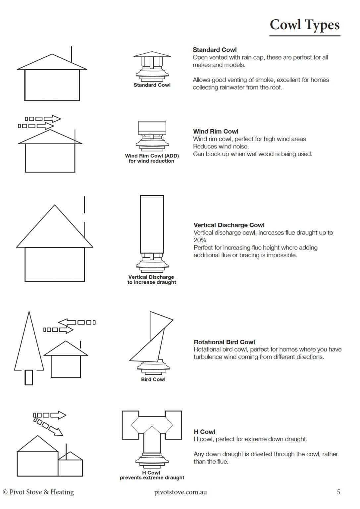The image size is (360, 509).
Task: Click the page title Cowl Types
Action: pos(304,25)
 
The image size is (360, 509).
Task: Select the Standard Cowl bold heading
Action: pos(215,50)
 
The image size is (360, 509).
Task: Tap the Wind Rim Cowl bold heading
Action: pos(216,131)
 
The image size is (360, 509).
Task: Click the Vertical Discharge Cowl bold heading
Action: pos(229,225)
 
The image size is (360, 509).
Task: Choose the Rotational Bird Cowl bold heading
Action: pos(224,342)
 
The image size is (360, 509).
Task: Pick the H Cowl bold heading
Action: pos(204,431)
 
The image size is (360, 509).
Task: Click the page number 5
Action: pos(338,492)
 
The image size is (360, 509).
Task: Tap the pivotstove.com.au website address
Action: pos(180,492)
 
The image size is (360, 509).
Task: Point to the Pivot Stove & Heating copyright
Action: pos(38,492)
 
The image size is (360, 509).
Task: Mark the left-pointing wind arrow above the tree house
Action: pos(77,322)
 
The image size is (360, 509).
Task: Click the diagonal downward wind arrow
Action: pos(48,426)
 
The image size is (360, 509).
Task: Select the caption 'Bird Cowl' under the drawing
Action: pos(153,379)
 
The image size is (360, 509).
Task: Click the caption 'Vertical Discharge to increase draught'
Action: pos(152,280)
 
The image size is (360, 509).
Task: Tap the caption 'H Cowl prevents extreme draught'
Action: pos(152,475)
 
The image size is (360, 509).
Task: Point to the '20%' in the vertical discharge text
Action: pos(200,240)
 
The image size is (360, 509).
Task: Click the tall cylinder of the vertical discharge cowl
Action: pos(152,224)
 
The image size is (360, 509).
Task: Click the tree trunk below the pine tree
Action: pos(29,377)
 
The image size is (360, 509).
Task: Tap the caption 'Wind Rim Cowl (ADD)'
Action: pos(152,156)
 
